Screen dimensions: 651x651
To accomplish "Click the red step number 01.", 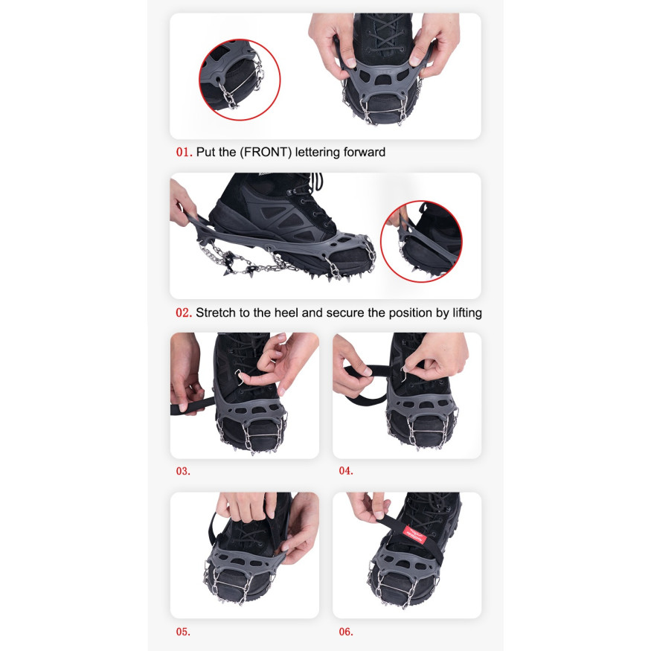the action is point(184,152).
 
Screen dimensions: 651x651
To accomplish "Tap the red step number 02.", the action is point(184,312).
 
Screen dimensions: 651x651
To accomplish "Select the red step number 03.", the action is point(183,471).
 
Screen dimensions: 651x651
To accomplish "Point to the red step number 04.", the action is point(346,471).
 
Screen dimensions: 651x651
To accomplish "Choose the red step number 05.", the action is point(183,632).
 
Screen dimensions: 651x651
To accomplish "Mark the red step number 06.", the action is point(346,632).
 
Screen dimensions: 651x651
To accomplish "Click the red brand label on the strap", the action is point(414,535).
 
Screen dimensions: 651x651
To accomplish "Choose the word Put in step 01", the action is point(205,152).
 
